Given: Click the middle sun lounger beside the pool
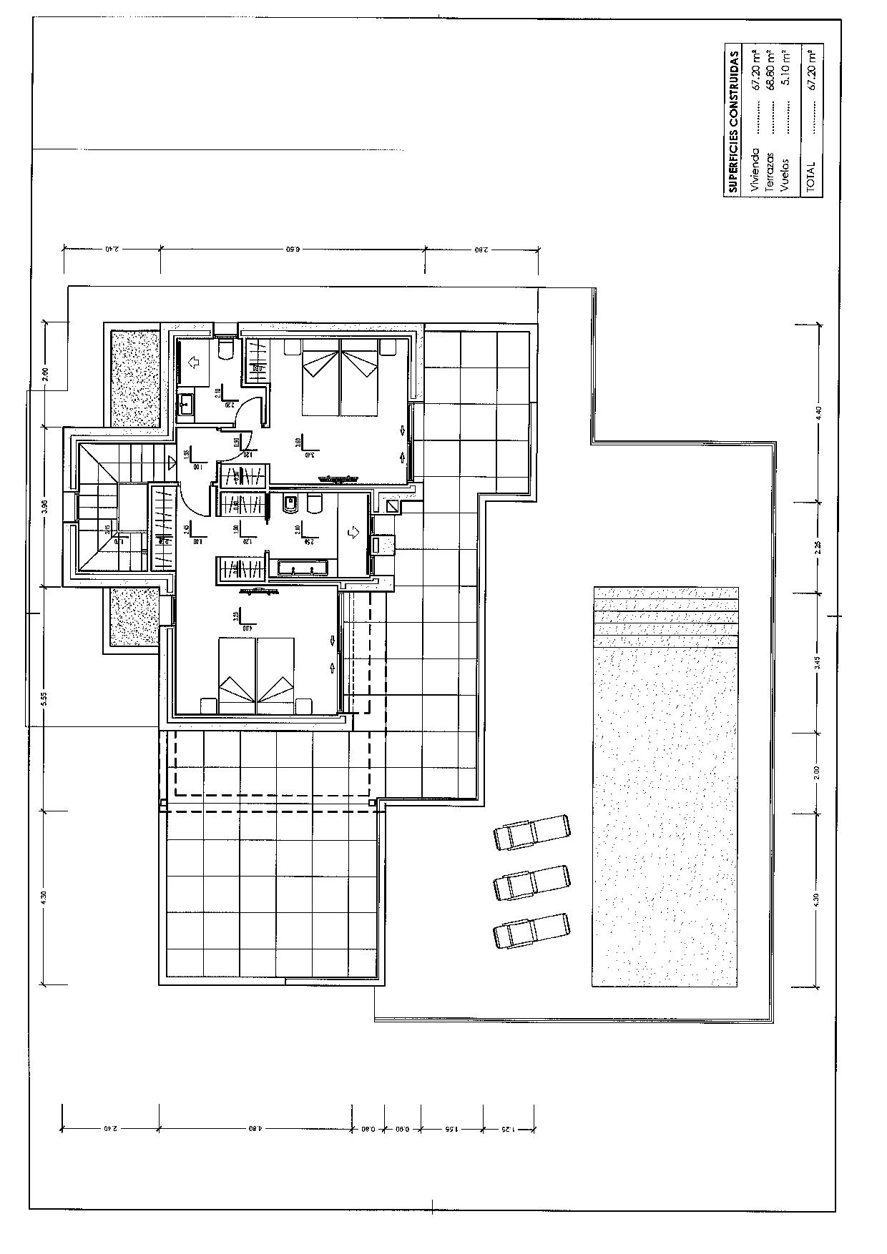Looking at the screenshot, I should pyautogui.click(x=532, y=881).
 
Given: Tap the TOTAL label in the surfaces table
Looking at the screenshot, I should pyautogui.click(x=810, y=175).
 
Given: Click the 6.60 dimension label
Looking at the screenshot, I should pyautogui.click(x=291, y=250).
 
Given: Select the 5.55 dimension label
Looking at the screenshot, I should pyautogui.click(x=44, y=698).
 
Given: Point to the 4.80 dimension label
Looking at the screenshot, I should pyautogui.click(x=255, y=1130).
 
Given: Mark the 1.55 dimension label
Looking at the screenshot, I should pyautogui.click(x=451, y=1130).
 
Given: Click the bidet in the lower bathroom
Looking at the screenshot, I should pyautogui.click(x=290, y=505).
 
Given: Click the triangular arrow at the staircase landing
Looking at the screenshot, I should pyautogui.click(x=170, y=462).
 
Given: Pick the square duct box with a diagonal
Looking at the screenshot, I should pyautogui.click(x=393, y=505).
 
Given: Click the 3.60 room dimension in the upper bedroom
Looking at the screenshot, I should pyautogui.click(x=298, y=442).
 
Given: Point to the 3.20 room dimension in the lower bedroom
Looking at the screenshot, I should pyautogui.click(x=235, y=616).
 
